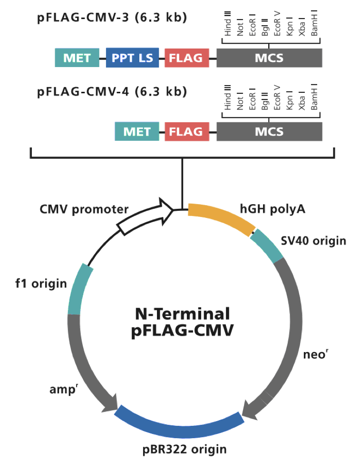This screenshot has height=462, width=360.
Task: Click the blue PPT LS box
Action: point(132,58)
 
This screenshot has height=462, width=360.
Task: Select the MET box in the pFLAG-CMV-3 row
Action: point(77,58)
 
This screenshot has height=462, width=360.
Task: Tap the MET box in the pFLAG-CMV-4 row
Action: point(137,131)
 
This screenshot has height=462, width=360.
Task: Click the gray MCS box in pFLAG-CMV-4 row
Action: point(269,131)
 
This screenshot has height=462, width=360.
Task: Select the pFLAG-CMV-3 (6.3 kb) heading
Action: point(112,19)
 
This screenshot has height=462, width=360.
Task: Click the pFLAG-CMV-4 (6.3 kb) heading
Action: point(112,91)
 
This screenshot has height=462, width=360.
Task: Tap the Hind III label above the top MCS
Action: point(228,25)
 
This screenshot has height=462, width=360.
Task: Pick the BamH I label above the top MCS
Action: point(314,25)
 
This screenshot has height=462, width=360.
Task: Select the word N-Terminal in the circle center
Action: point(183,314)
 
